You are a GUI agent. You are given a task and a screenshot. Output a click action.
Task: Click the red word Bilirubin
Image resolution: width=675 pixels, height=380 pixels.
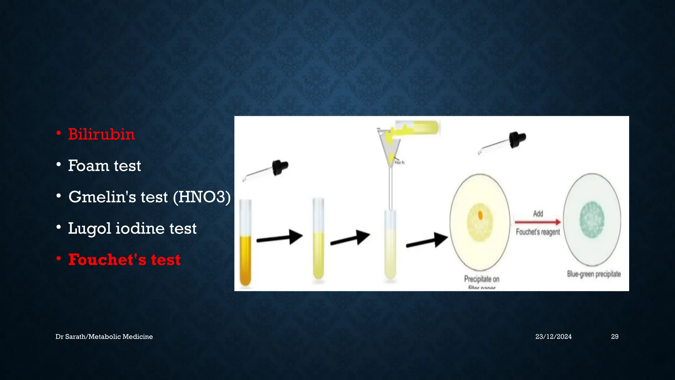point(102,134)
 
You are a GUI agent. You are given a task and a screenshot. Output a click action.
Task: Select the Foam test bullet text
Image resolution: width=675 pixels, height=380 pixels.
point(104,166)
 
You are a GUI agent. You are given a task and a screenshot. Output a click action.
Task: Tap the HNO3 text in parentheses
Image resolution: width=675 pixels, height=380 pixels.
point(202,197)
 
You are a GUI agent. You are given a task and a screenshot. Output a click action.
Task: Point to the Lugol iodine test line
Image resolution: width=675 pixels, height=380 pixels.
point(132,228)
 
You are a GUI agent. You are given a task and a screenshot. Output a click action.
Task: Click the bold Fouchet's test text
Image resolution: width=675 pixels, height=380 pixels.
point(124,260)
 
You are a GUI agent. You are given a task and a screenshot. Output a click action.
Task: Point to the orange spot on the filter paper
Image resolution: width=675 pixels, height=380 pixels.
point(480,215)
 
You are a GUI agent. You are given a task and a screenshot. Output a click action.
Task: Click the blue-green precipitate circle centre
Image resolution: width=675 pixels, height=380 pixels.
point(592,220)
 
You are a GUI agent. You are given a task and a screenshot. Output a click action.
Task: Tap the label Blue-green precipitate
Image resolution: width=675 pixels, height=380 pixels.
point(594,274)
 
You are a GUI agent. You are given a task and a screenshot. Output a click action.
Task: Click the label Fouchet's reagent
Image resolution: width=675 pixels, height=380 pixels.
point(538,232)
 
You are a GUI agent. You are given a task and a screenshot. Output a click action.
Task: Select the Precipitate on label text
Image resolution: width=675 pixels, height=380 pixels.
point(482,279)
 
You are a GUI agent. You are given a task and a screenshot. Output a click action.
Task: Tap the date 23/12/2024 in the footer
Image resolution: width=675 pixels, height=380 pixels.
point(553,336)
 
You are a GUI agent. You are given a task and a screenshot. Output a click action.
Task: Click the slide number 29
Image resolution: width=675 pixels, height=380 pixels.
point(614,336)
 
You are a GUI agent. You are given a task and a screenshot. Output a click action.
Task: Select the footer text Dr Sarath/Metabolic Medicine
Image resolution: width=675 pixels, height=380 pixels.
point(104,336)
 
